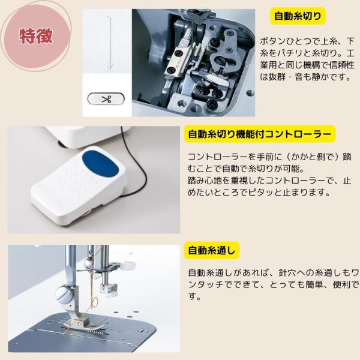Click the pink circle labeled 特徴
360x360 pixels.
[36, 35]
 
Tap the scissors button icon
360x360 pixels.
[106, 99]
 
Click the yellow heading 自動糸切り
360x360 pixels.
[298, 16]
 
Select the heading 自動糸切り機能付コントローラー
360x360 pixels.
[260, 134]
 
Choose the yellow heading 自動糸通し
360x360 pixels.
[212, 250]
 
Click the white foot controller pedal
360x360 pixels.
[78, 185]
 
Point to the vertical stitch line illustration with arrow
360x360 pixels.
[110, 43]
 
